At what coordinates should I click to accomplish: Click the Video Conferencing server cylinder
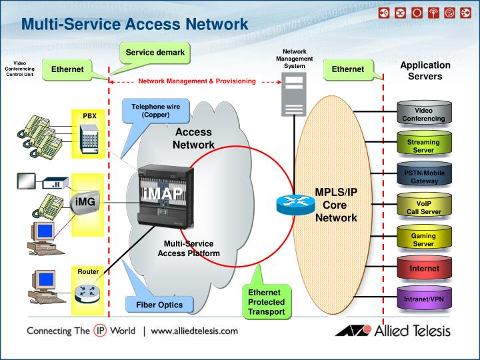pyautogui.click(x=423, y=114)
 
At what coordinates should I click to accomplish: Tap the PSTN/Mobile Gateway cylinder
pyautogui.click(x=423, y=176)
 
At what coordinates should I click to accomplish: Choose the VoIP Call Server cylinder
pyautogui.click(x=423, y=207)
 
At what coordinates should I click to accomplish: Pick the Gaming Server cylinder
pyautogui.click(x=423, y=239)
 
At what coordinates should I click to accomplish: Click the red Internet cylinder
pyautogui.click(x=423, y=269)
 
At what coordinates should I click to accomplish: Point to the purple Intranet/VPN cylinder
pyautogui.click(x=423, y=299)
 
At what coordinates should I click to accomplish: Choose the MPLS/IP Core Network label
pyautogui.click(x=336, y=205)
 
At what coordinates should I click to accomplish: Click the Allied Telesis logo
pyautogui.click(x=393, y=331)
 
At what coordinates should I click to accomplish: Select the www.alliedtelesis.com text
pyautogui.click(x=195, y=331)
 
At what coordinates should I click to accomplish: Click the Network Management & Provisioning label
pyautogui.click(x=197, y=81)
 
